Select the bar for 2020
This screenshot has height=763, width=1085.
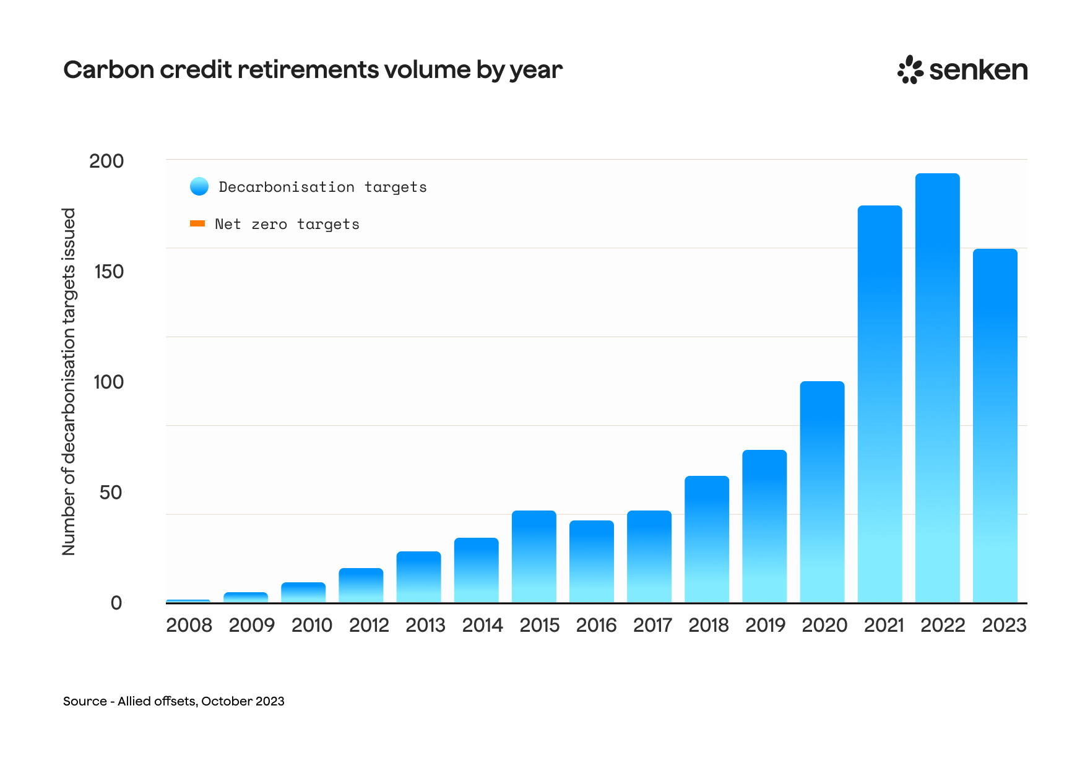click(822, 492)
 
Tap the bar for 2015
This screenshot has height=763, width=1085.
click(534, 556)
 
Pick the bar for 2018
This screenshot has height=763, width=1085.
click(707, 539)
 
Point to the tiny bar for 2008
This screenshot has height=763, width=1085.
click(188, 601)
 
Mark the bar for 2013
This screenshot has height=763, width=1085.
click(418, 577)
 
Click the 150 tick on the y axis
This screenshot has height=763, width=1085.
click(109, 272)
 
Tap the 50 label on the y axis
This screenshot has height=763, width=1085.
click(111, 493)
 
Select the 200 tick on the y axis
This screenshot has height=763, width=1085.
click(106, 161)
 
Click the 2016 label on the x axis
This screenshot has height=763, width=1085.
click(596, 625)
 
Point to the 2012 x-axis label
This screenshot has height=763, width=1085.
click(369, 625)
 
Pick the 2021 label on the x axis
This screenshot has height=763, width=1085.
click(883, 625)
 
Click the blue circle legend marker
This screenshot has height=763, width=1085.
click(199, 186)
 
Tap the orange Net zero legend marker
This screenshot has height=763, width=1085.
click(197, 223)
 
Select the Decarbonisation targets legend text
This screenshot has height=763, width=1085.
click(322, 187)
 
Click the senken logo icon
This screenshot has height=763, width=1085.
click(910, 69)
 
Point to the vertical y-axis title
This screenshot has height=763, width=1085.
click(68, 381)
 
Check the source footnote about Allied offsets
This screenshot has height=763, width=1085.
click(174, 701)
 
